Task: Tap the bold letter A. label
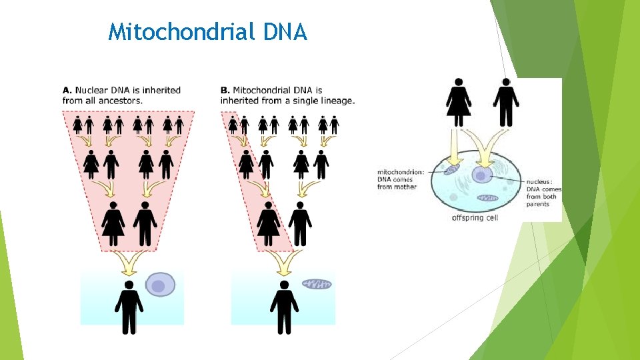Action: click(x=67, y=90)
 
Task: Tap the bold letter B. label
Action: click(x=225, y=90)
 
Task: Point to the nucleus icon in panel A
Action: click(x=160, y=285)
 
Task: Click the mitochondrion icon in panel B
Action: click(x=317, y=284)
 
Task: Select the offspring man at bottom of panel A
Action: click(x=129, y=307)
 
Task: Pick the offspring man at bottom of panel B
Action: click(x=284, y=307)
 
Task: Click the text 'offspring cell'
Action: click(x=475, y=217)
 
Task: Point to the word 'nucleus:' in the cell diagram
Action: click(x=539, y=181)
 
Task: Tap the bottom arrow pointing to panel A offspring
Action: click(x=129, y=262)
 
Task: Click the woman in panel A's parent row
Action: click(x=113, y=223)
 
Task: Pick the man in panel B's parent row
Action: click(x=299, y=223)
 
